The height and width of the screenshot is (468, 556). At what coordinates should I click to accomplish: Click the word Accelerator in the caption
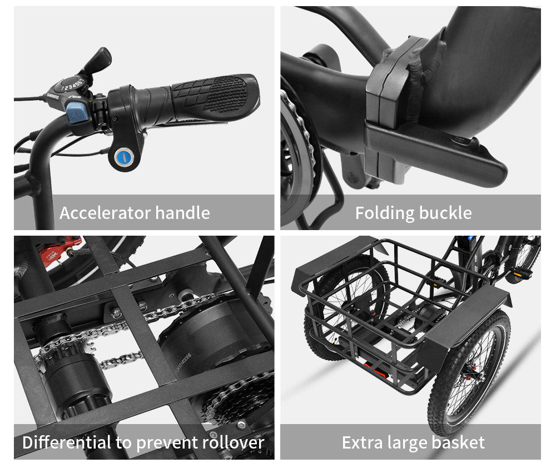[105, 213]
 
